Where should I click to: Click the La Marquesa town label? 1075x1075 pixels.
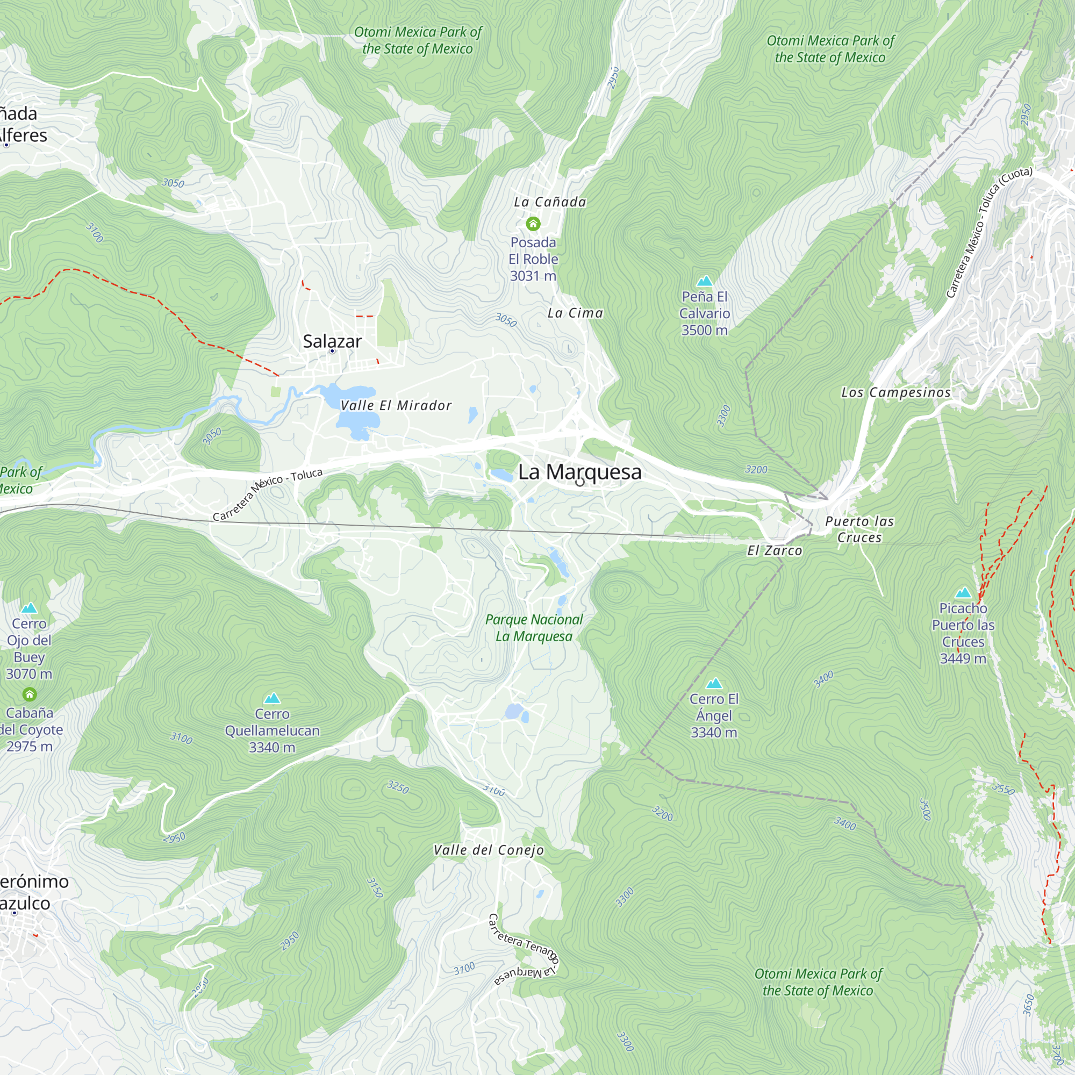click(x=579, y=472)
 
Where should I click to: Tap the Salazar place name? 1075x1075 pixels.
click(x=332, y=341)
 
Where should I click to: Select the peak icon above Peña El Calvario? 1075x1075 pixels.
click(x=705, y=281)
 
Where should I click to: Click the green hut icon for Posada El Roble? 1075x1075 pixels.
click(x=533, y=224)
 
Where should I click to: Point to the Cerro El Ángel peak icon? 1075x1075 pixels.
click(x=714, y=683)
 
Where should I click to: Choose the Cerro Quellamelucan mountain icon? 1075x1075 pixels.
click(x=272, y=698)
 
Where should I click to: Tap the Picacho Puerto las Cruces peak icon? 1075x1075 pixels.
click(x=963, y=592)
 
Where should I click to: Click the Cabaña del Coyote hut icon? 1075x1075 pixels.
click(x=30, y=694)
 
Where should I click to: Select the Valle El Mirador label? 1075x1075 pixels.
click(x=396, y=406)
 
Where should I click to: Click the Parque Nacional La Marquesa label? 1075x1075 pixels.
click(x=534, y=628)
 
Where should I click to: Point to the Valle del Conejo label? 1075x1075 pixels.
click(x=489, y=850)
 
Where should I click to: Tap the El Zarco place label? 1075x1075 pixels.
click(x=775, y=551)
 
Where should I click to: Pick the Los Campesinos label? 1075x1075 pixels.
click(x=896, y=393)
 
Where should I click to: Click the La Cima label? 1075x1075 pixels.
click(x=575, y=313)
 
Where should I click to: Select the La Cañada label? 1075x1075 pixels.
click(x=550, y=202)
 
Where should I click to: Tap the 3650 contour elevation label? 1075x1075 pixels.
click(x=1029, y=1005)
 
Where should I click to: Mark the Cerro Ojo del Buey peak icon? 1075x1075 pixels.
click(x=29, y=608)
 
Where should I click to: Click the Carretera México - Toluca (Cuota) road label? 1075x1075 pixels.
click(x=989, y=232)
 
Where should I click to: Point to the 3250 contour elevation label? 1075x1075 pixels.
click(x=398, y=787)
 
